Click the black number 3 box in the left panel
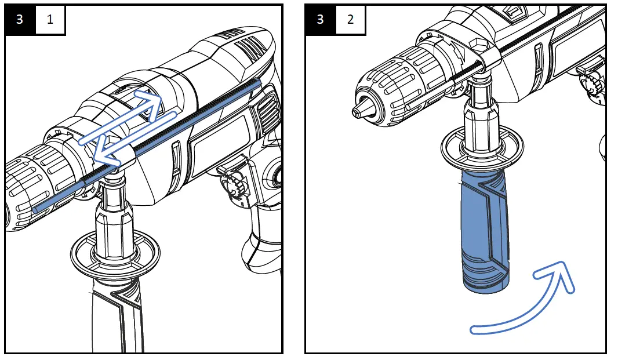click(x=20, y=20)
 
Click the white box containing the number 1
click(x=50, y=20)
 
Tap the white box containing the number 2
click(x=350, y=20)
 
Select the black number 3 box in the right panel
click(x=320, y=20)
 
